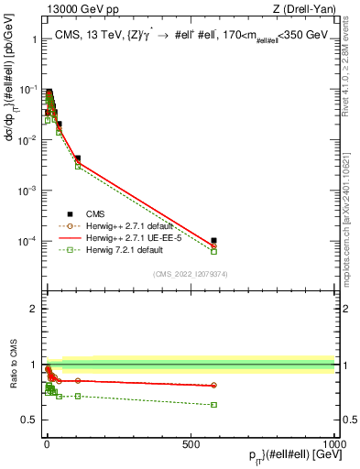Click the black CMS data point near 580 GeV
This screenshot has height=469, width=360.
click(213, 241)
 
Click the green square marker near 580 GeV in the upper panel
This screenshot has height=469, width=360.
click(213, 251)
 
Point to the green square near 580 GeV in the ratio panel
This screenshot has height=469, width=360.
click(213, 404)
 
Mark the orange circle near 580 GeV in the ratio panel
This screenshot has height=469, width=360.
click(213, 385)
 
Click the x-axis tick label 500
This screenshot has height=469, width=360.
click(191, 444)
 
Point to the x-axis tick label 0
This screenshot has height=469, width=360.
click(46, 444)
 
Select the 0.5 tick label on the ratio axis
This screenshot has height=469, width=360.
click(30, 420)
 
